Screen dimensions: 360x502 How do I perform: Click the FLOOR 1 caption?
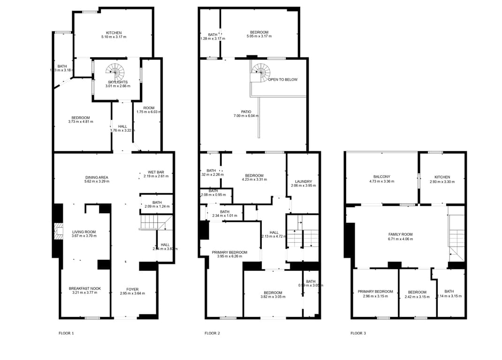[66, 333]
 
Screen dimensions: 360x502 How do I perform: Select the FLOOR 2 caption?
[212, 333]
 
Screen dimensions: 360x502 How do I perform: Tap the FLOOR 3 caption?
[358, 333]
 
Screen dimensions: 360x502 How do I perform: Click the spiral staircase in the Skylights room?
[115, 72]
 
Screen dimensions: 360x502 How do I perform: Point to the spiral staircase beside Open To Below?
[261, 71]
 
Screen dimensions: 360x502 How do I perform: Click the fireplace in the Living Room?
[58, 231]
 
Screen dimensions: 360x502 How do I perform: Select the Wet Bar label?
[155, 172]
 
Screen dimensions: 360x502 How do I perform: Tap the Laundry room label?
[304, 181]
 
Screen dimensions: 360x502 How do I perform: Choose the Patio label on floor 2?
[246, 112]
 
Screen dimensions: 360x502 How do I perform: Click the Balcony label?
[382, 177]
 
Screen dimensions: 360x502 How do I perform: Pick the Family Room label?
[400, 234]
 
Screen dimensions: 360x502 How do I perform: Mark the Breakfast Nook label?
[84, 288]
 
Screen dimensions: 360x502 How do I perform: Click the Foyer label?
[132, 289]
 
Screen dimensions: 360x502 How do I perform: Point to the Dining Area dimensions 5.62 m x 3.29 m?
[97, 181]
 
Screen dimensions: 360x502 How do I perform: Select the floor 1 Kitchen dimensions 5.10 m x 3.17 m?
[114, 37]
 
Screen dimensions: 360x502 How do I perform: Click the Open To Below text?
[282, 80]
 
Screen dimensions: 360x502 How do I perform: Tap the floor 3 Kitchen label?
[442, 177]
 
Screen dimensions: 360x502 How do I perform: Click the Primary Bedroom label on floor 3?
[375, 292]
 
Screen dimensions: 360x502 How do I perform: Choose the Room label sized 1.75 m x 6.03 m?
[149, 108]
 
